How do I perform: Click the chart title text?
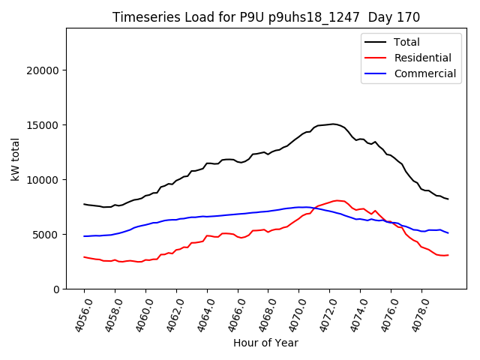266,17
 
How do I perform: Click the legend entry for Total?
406,42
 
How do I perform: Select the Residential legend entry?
422,58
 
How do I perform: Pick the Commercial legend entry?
424,73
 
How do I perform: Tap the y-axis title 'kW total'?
16,158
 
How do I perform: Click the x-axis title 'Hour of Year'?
265,343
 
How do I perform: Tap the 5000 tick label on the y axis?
47,235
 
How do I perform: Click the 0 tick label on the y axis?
55,289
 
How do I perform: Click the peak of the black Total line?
334,124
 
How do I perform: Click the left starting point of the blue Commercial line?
84,236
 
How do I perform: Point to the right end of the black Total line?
448,199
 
